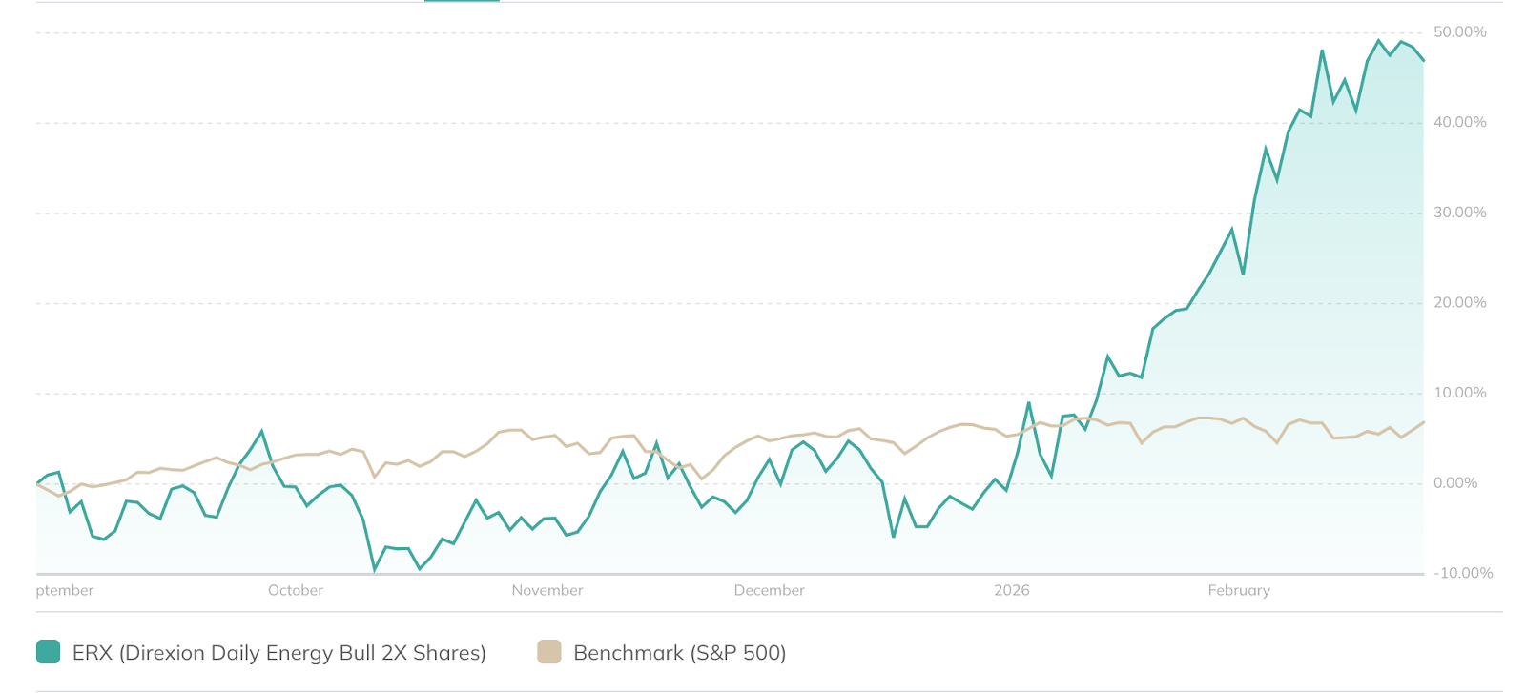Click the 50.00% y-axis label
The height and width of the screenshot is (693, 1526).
tap(1459, 32)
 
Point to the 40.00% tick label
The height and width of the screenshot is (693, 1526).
tap(1459, 122)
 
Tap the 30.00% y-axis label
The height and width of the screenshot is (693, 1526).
tap(1459, 213)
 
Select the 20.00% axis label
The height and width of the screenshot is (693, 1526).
tap(1459, 302)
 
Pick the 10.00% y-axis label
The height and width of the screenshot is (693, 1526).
tap(1459, 393)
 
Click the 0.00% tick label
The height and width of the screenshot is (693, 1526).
tap(1454, 483)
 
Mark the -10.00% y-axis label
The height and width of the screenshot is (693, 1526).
tap(1462, 573)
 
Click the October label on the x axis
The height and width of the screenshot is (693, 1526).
tap(296, 590)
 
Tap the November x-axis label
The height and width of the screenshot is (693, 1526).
tap(547, 590)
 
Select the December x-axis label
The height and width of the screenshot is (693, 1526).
tap(769, 590)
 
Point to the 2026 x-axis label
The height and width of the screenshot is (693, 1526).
tap(1011, 590)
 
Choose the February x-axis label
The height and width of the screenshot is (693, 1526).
tap(1239, 590)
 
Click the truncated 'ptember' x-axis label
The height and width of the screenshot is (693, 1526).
tap(65, 590)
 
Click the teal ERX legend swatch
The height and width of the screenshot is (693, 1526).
tap(48, 652)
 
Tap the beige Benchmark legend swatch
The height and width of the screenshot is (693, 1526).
tap(549, 652)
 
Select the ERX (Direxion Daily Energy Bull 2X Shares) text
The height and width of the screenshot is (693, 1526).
tap(279, 653)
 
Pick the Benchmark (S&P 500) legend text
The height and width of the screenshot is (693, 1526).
tap(679, 653)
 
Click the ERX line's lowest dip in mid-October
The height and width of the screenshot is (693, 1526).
tap(375, 570)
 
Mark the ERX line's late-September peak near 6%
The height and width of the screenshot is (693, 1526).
tap(262, 431)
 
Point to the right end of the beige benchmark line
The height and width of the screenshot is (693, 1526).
tap(1424, 422)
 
